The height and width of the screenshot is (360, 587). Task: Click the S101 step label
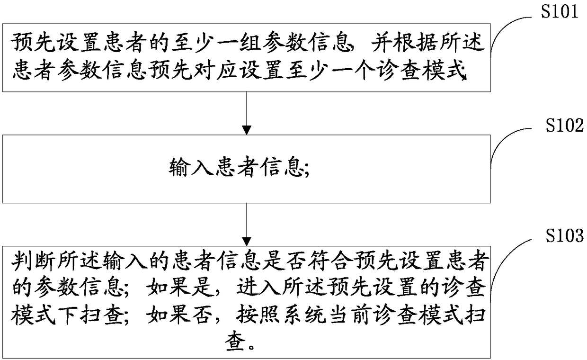click(560, 11)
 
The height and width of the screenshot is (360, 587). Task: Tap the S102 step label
click(565, 125)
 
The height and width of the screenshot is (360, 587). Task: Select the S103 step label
click(565, 235)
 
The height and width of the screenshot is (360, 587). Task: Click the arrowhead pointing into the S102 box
click(247, 130)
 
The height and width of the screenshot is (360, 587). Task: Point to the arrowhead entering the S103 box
click(247, 242)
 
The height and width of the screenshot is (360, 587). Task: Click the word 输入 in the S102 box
click(191, 167)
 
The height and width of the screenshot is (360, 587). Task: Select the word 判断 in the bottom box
click(33, 261)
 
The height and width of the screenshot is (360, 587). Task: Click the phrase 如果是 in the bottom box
click(179, 288)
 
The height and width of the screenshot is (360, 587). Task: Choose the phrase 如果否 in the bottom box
click(179, 315)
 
